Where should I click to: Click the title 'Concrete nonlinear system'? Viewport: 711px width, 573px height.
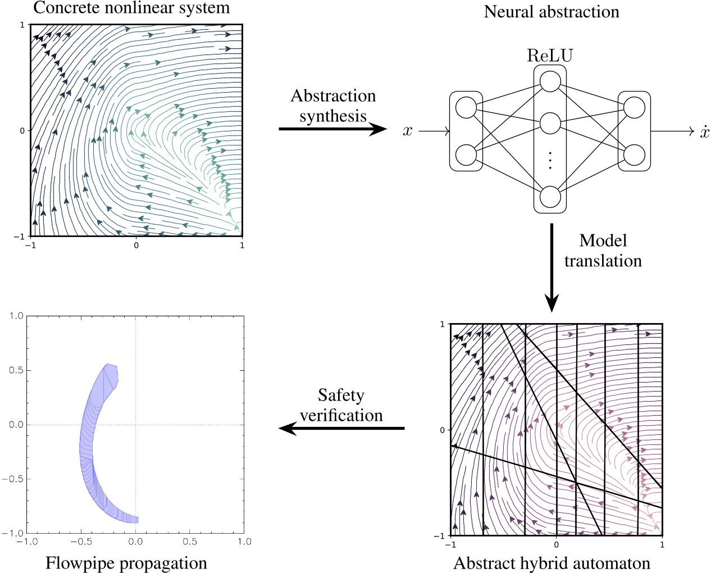point(131,8)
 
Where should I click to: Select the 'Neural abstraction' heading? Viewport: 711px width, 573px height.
point(551,12)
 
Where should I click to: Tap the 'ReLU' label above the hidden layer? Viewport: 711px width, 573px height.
point(550,56)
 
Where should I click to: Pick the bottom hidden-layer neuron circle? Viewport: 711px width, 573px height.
point(550,197)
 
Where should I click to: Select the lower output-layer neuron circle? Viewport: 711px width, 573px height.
point(634,155)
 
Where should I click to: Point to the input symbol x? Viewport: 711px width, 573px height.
point(408,131)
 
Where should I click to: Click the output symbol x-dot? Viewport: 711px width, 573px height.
point(704,131)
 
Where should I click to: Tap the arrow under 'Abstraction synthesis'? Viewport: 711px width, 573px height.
point(332,129)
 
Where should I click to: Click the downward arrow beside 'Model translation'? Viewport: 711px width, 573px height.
point(552,267)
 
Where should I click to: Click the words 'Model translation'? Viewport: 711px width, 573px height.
point(603,251)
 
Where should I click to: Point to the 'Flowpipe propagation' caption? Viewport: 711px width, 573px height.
point(126,563)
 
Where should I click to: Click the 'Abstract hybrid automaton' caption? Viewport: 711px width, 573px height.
point(552,563)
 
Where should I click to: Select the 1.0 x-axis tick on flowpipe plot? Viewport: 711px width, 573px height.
point(244,542)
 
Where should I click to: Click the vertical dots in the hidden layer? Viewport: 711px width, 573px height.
point(550,160)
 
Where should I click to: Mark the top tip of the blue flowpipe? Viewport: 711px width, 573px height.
point(108,365)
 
